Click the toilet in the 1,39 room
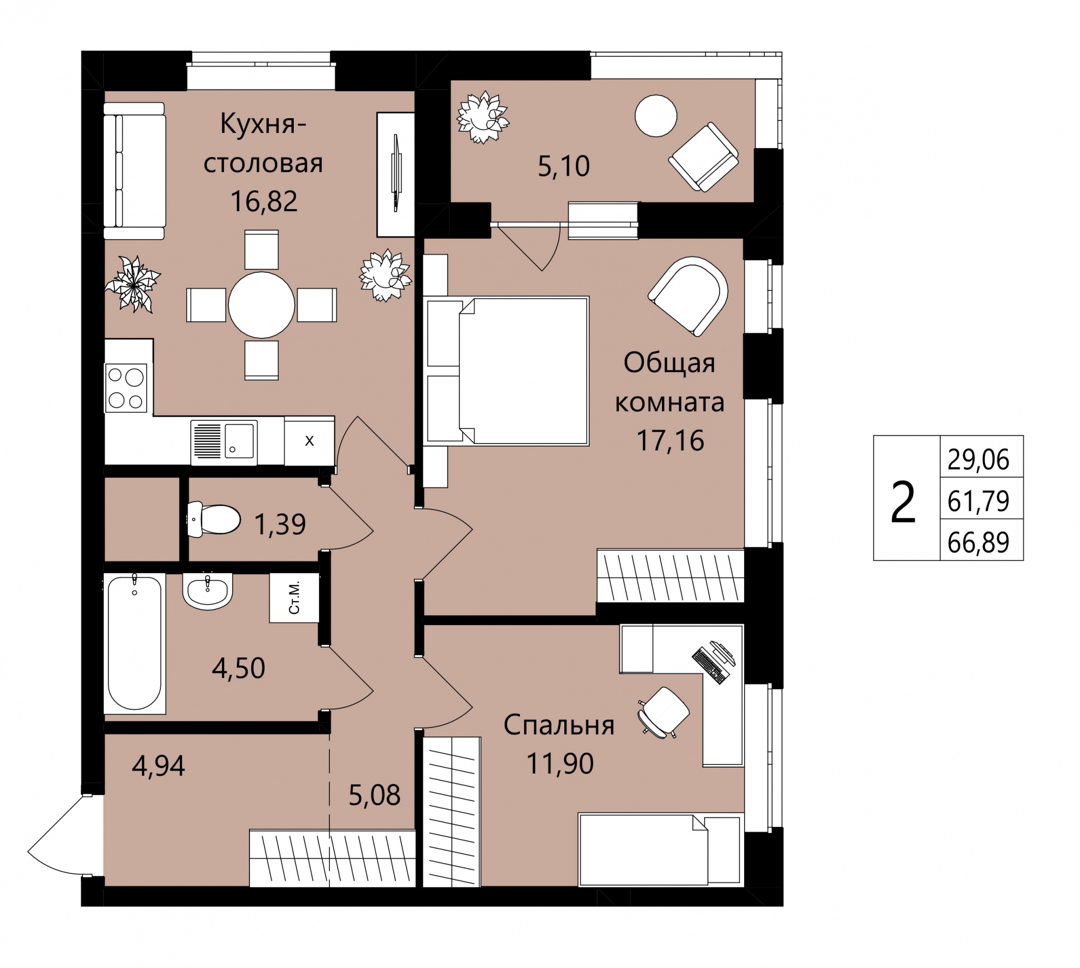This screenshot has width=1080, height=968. click(213, 519)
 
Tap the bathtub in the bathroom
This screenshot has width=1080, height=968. click(134, 642)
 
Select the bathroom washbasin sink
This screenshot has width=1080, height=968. click(207, 591)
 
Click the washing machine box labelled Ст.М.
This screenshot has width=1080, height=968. click(294, 598)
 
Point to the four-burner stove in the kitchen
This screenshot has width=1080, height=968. click(126, 388)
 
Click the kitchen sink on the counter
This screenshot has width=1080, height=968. click(224, 441)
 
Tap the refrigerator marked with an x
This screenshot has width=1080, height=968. click(309, 441)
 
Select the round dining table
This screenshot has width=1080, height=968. click(261, 305)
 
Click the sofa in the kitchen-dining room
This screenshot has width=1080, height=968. click(134, 171)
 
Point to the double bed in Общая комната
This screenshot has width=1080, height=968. click(506, 371)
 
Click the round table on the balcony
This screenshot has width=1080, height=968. click(656, 116)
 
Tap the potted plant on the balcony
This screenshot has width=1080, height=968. click(483, 117)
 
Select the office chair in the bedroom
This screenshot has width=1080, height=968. click(663, 712)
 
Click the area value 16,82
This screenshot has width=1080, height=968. click(264, 201)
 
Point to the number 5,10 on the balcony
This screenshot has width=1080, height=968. click(564, 166)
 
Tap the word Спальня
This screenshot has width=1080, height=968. click(559, 725)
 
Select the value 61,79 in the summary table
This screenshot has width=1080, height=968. click(978, 501)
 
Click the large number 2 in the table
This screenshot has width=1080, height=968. click(903, 502)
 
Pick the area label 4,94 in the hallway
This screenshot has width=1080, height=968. click(159, 766)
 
